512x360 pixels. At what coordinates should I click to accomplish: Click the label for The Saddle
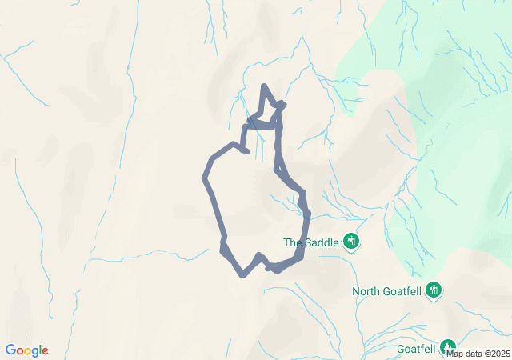click(x=312, y=242)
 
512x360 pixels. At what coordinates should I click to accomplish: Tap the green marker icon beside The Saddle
click(x=350, y=241)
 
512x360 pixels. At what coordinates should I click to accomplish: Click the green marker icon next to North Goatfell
click(x=434, y=290)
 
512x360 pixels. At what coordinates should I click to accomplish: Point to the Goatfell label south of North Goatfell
click(x=416, y=349)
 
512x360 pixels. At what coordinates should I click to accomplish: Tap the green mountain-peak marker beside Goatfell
click(x=448, y=348)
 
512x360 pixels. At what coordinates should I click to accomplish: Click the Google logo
click(x=26, y=350)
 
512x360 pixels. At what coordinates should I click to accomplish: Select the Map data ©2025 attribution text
click(x=478, y=353)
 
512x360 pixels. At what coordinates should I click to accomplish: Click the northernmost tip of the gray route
click(x=264, y=86)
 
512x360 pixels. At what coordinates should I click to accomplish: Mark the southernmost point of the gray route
click(x=242, y=275)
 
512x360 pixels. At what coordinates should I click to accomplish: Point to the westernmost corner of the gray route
click(x=205, y=178)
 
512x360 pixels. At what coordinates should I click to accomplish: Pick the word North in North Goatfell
click(x=368, y=290)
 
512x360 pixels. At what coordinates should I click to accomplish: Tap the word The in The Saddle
click(x=293, y=242)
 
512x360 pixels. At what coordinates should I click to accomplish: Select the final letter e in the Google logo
click(x=45, y=351)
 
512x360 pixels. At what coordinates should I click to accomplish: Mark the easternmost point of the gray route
click(x=307, y=214)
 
